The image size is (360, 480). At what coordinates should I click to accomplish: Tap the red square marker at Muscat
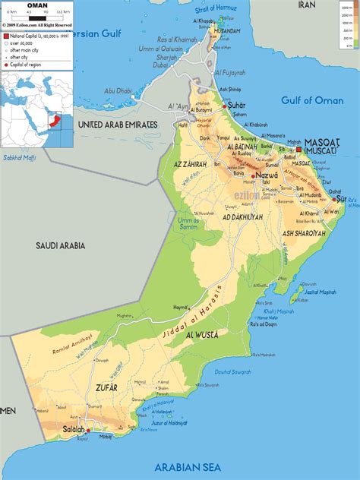click(298, 150)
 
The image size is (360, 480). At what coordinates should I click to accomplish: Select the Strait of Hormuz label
click(216, 8)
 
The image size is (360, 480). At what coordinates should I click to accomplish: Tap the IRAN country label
click(306, 5)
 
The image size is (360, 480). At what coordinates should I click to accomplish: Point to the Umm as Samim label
click(188, 222)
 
